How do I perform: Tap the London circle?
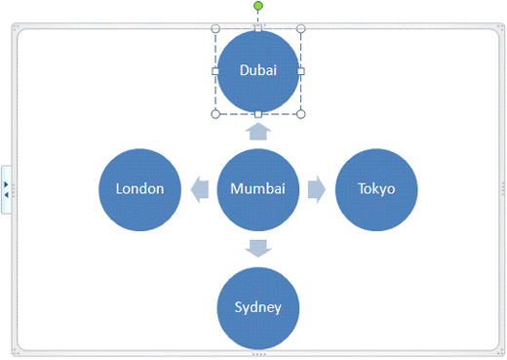pos(140,189)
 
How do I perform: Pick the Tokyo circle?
pos(376,189)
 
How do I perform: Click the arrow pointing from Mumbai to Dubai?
pos(257,132)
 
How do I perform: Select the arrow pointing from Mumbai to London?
pos(199,189)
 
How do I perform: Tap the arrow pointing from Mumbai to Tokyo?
pos(317,189)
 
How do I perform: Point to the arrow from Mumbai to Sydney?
pos(257,248)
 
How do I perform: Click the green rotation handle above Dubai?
pos(258,6)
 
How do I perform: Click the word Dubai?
pos(257,70)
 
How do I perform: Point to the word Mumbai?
pos(257,189)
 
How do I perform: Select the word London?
pos(140,189)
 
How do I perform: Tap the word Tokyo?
pos(376,189)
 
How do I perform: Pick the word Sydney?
pos(257,307)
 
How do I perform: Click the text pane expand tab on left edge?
pos(6,188)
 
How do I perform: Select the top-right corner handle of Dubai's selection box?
pos(300,29)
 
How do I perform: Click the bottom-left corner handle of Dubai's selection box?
pos(215,114)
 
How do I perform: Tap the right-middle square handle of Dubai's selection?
pos(300,71)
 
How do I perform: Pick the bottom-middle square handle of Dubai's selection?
pos(257,114)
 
